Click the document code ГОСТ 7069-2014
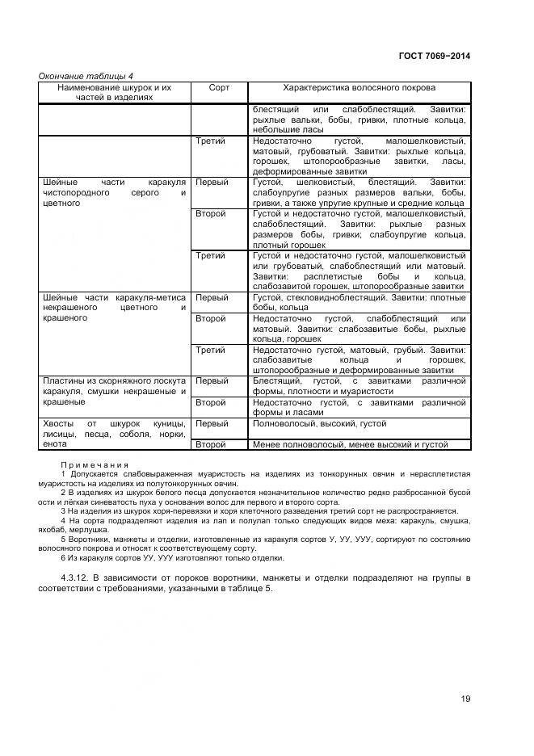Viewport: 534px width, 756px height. coord(434,56)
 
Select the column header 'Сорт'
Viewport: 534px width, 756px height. coord(219,86)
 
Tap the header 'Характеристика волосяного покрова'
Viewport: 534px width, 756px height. coord(359,86)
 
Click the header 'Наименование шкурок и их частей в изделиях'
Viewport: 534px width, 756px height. coord(115,91)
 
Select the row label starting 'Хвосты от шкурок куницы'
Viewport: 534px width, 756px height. coord(115,433)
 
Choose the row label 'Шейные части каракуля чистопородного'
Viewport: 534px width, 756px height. coord(115,193)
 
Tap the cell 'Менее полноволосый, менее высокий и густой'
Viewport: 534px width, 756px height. coord(349,444)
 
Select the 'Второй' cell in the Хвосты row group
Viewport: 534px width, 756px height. coord(212,444)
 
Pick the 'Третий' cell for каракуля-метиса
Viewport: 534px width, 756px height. coord(211,350)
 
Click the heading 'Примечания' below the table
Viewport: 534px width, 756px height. coord(95,464)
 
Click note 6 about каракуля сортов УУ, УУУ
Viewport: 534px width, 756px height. coord(171,558)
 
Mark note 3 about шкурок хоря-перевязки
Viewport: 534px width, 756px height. coord(259,510)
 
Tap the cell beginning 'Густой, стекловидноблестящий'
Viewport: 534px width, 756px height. coord(359,303)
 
